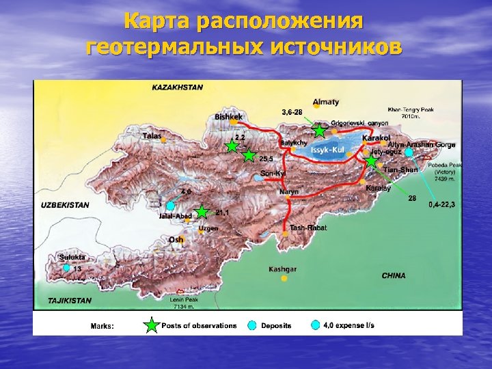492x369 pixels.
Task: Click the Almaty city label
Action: pyautogui.click(x=326, y=102)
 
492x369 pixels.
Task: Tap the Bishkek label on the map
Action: pyautogui.click(x=229, y=117)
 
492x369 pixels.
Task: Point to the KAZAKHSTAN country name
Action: pyautogui.click(x=178, y=87)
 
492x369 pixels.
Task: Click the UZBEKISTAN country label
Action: pyautogui.click(x=66, y=204)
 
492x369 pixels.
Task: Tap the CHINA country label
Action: pyautogui.click(x=394, y=275)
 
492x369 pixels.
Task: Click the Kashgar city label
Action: pyautogui.click(x=282, y=269)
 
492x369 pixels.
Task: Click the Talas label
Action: pyautogui.click(x=152, y=136)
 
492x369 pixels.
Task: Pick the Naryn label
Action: pyautogui.click(x=288, y=192)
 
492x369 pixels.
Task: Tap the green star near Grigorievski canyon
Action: pyautogui.click(x=319, y=130)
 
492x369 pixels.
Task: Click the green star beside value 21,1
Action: pyautogui.click(x=202, y=212)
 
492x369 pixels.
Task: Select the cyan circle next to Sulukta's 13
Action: pyautogui.click(x=66, y=269)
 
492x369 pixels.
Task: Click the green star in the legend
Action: pyautogui.click(x=150, y=325)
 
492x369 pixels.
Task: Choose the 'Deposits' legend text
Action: pyautogui.click(x=276, y=326)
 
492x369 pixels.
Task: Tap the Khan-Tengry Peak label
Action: pyautogui.click(x=411, y=110)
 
